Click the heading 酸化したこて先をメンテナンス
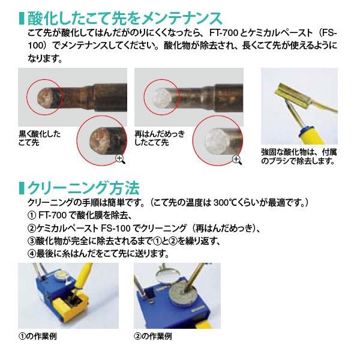[125, 19]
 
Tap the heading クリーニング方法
[83, 188]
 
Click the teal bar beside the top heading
[22, 19]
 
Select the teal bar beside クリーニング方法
[22, 188]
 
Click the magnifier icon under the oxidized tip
[121, 160]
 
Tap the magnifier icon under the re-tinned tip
[237, 160]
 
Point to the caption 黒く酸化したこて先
[40, 138]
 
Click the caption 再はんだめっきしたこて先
[160, 138]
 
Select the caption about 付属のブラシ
[299, 157]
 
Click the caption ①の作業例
[38, 337]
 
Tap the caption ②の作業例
[153, 337]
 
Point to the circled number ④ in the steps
[32, 254]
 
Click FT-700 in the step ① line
[53, 215]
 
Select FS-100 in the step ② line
[116, 228]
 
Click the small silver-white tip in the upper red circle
[162, 98]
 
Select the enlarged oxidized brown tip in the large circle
[101, 141]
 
